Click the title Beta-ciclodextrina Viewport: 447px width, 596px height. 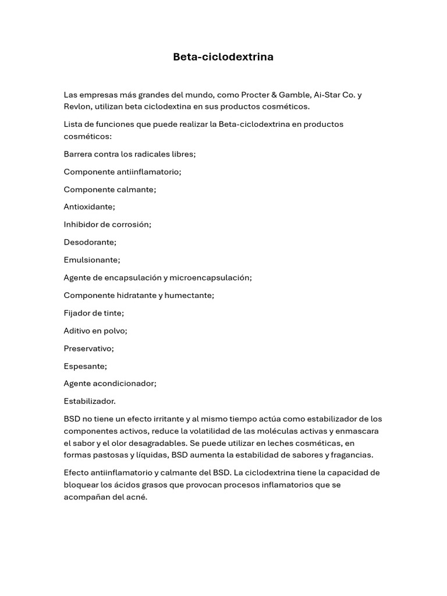[x=223, y=57]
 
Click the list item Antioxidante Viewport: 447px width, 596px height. [x=89, y=207]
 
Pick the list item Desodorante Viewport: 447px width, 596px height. [x=90, y=242]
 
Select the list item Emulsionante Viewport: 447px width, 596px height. [x=91, y=260]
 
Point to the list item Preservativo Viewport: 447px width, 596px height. [x=88, y=349]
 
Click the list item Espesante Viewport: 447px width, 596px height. [x=85, y=366]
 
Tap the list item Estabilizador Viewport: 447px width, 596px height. [x=90, y=402]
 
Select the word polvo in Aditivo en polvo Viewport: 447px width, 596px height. [x=115, y=331]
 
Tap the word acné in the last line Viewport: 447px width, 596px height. [x=136, y=497]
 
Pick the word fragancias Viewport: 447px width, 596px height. [x=352, y=455]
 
